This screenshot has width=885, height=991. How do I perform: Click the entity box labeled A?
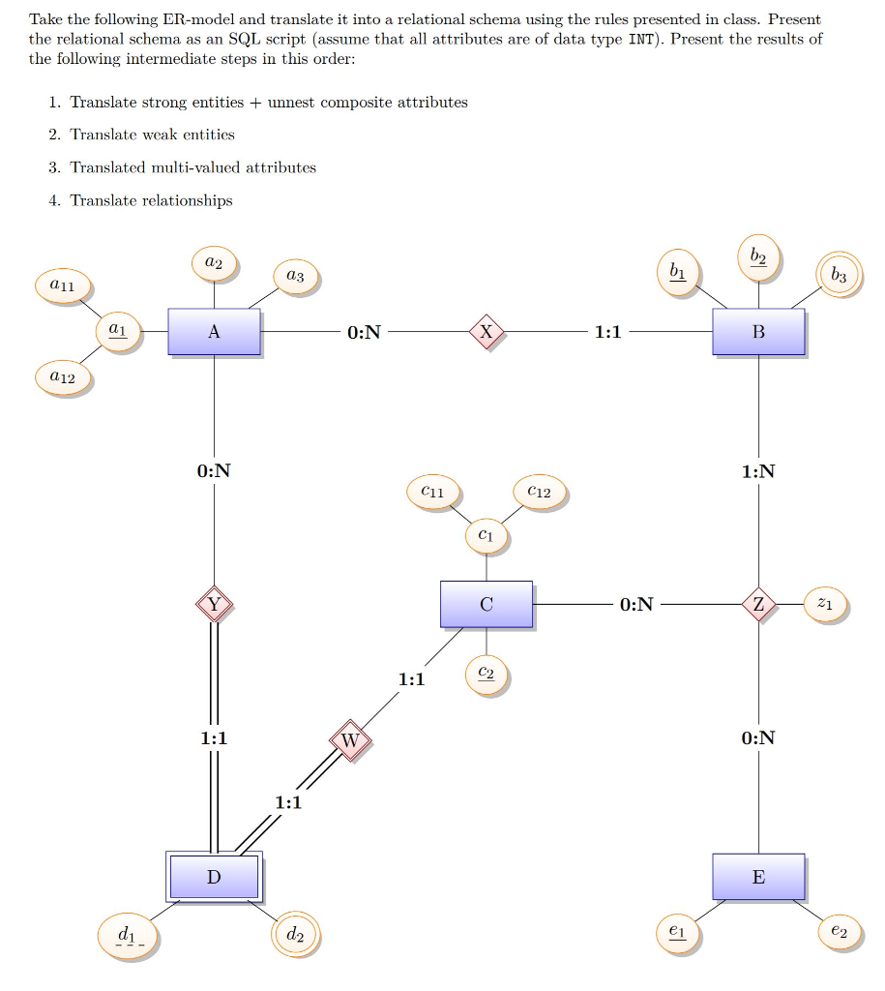(x=214, y=332)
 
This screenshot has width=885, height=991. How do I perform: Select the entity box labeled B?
(x=758, y=332)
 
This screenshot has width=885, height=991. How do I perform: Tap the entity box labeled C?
(x=486, y=604)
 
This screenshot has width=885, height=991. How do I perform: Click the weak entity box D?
(x=214, y=877)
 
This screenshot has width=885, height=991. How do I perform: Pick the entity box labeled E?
(x=758, y=877)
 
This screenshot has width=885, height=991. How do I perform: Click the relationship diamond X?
(x=487, y=332)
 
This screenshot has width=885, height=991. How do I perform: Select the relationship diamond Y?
(x=214, y=605)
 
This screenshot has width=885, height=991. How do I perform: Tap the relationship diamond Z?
(x=758, y=605)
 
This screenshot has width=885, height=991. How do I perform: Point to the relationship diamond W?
(x=350, y=740)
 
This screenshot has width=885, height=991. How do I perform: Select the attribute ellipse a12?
(x=63, y=377)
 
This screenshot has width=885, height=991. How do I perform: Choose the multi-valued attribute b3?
(x=838, y=276)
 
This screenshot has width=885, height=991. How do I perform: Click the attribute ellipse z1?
(x=823, y=604)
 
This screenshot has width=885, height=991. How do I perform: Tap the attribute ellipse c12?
(x=540, y=492)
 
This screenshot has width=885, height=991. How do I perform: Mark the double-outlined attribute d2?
(x=295, y=935)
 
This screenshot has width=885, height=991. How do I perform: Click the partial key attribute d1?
(x=130, y=936)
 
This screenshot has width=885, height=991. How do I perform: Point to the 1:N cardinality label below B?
(x=758, y=471)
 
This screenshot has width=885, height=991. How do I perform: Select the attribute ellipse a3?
(x=295, y=277)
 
